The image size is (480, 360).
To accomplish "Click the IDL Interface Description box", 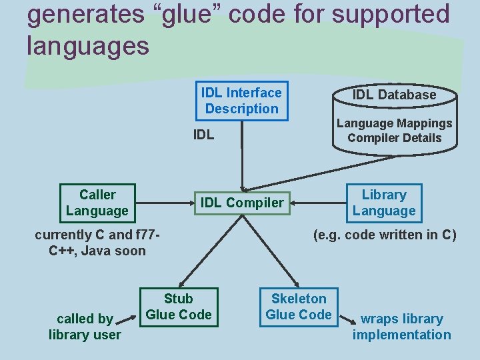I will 241,101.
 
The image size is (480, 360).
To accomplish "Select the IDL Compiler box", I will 242,203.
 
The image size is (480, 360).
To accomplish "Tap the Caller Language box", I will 97,203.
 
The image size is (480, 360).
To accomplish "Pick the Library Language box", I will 384,203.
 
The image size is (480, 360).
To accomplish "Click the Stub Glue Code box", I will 178,307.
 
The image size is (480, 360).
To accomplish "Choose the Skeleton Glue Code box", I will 299,307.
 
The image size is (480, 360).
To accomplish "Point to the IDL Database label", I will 394,95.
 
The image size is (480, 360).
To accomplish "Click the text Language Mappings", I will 394,123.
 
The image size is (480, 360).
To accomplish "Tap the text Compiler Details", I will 394,138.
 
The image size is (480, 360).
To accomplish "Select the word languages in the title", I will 88,46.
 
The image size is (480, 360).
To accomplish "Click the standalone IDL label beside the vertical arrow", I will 203,135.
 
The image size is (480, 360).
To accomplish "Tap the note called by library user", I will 85,327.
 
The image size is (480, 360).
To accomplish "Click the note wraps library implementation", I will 401,327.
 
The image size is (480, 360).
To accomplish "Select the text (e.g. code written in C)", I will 385,235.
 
